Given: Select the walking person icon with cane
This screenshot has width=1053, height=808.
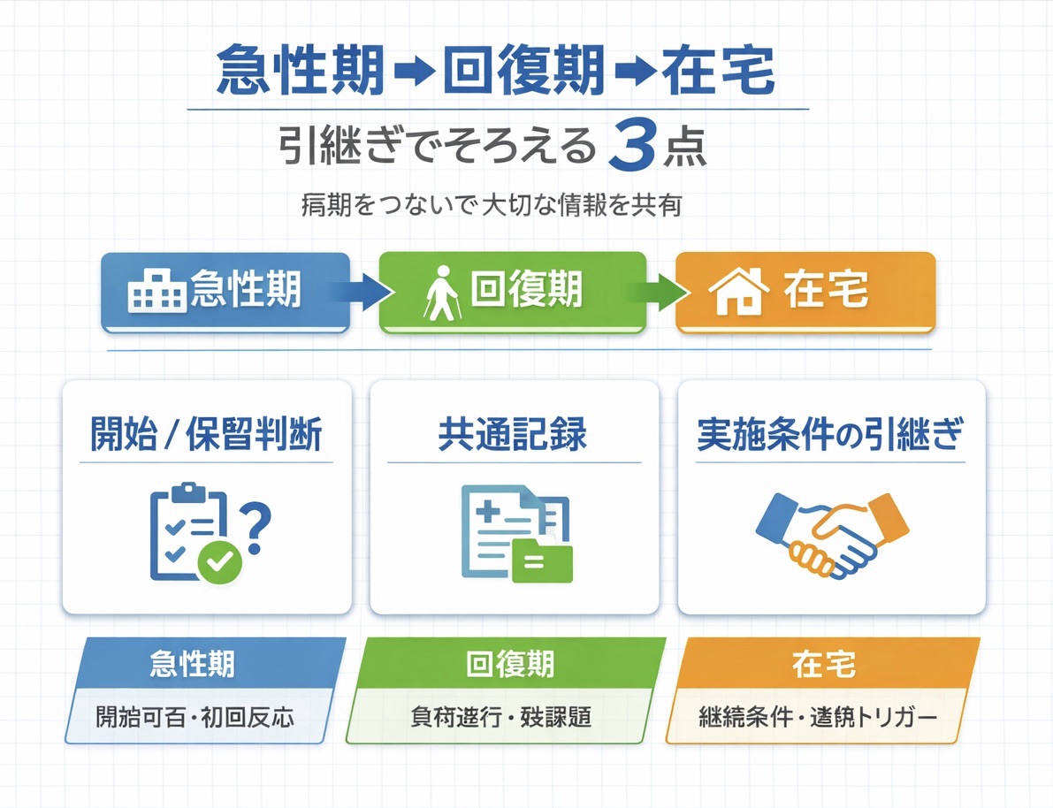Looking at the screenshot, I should click(442, 291).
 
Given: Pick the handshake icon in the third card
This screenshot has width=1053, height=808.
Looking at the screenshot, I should click(831, 534).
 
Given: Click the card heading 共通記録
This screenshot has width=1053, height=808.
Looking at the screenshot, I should click(513, 436).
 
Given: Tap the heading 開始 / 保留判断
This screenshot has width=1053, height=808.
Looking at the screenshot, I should click(207, 436).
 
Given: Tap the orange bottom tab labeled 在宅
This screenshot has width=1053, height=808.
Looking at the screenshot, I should click(823, 663).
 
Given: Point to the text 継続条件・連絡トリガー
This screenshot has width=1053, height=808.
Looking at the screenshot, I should click(817, 716).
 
